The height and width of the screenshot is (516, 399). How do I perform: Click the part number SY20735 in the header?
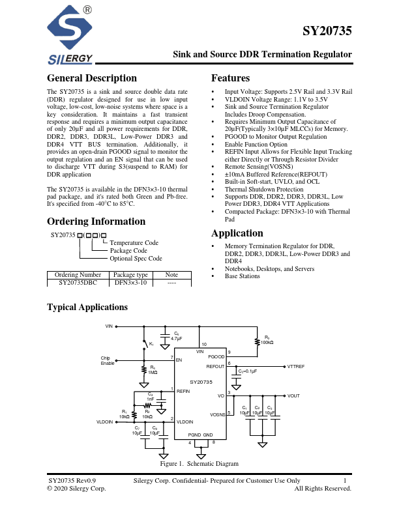(327, 31)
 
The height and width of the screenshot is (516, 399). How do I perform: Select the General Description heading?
(92, 78)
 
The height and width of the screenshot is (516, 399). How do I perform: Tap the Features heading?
(231, 78)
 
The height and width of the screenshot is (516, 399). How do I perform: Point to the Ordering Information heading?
(96, 222)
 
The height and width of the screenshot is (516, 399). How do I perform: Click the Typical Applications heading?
(87, 308)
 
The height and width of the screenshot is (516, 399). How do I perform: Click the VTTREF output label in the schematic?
(296, 367)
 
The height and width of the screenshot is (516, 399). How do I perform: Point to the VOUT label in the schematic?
(293, 395)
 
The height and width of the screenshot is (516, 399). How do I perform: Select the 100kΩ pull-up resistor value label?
(267, 342)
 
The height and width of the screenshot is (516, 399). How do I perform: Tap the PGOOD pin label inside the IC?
(216, 357)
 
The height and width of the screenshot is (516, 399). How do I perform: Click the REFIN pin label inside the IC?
(183, 391)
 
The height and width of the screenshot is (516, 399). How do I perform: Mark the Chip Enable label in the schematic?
(107, 360)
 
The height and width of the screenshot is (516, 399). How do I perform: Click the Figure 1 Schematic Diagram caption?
(199, 464)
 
